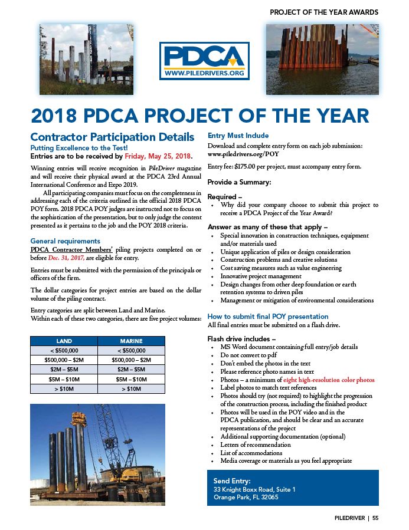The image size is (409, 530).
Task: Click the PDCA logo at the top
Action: coord(205,61)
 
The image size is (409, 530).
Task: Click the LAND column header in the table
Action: coord(64,341)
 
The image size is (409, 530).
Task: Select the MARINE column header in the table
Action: coord(130,341)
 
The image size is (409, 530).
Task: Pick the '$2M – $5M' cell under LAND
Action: coord(64,369)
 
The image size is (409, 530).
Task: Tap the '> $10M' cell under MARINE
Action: coord(130,389)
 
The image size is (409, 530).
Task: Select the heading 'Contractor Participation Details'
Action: coord(112,137)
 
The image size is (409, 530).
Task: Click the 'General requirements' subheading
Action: coord(66,241)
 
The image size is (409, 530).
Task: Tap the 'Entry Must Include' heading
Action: coord(238,136)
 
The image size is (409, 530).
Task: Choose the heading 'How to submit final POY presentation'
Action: coord(268,317)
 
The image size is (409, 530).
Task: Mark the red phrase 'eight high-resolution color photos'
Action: coord(329,380)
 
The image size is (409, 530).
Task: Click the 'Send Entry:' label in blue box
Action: coord(232,481)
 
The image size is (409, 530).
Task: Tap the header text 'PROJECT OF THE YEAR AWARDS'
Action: coord(324,12)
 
